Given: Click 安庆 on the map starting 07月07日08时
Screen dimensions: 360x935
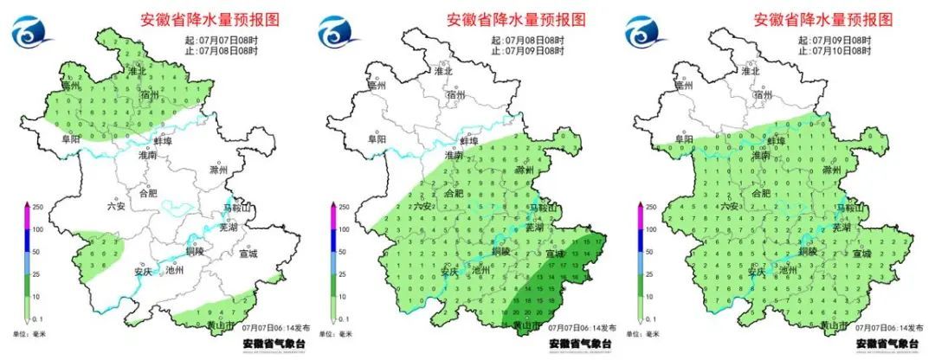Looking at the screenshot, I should [x=144, y=270].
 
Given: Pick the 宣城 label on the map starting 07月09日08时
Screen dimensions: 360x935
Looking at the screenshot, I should [x=862, y=254].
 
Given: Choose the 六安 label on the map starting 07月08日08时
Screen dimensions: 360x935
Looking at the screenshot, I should [x=422, y=206].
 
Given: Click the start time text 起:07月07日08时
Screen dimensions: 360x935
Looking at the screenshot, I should [x=219, y=40].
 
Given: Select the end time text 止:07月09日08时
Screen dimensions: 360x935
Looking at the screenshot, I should [x=526, y=51].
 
